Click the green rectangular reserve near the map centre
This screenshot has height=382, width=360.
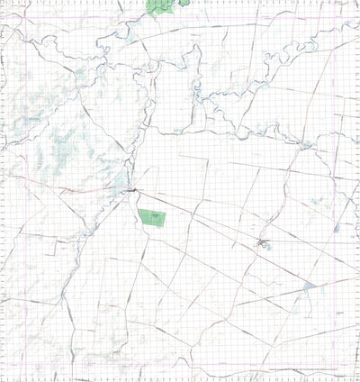152,217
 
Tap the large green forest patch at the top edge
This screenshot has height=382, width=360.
161,6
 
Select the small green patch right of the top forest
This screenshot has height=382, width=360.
184,3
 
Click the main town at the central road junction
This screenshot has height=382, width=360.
132,189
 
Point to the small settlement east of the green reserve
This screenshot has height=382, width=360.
262,244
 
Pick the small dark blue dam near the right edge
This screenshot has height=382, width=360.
336,228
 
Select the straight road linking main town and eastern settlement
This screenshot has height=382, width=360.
198,217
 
